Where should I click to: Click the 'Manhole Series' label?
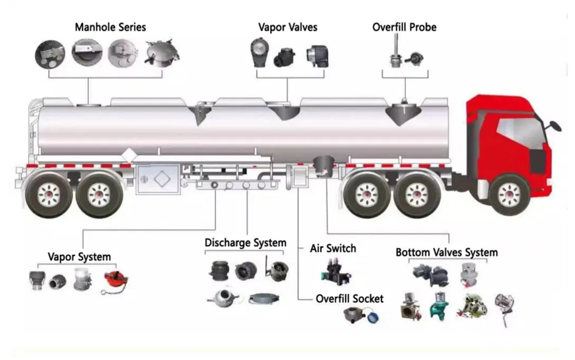(x=110, y=27)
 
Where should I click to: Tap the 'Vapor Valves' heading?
(x=287, y=27)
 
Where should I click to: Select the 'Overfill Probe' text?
(x=404, y=27)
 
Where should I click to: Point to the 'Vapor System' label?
(x=79, y=256)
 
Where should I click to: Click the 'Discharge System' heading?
(x=246, y=243)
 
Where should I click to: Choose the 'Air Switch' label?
(x=333, y=248)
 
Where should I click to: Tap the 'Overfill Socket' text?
(x=350, y=299)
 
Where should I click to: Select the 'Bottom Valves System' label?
(x=447, y=252)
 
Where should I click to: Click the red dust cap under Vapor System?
(x=115, y=280)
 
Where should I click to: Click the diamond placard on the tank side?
(x=129, y=155)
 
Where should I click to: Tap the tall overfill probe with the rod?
(x=395, y=51)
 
